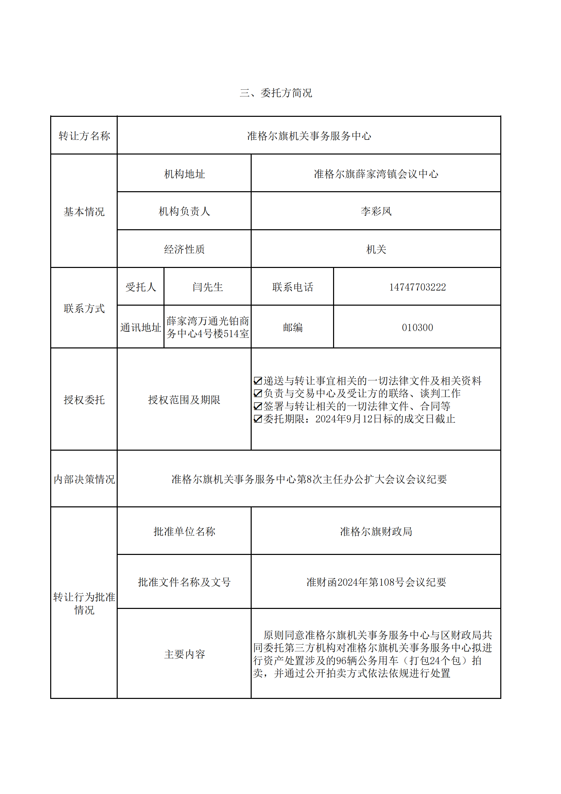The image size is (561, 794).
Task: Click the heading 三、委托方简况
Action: point(276,93)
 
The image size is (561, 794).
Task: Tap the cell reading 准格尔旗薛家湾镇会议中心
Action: point(376,174)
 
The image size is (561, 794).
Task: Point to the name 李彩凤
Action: point(376,211)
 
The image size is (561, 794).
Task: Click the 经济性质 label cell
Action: point(184,249)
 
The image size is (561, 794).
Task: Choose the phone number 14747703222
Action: point(417,287)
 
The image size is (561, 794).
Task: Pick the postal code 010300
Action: point(417,327)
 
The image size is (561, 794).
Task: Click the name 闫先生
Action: point(208,287)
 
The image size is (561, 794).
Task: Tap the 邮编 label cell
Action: point(293,327)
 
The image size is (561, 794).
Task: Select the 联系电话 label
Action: point(293,287)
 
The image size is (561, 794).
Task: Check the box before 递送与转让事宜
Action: point(258,381)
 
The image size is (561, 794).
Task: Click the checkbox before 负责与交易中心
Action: point(258,394)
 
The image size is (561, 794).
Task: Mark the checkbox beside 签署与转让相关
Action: point(258,406)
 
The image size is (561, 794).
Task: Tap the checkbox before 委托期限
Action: point(258,419)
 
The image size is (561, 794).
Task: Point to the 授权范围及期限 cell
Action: point(184,400)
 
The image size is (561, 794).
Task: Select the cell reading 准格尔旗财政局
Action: point(376,531)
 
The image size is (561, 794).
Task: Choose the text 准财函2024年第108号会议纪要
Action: point(376,582)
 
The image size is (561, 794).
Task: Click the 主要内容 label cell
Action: point(184,654)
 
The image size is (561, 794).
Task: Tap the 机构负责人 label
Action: point(184,211)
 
